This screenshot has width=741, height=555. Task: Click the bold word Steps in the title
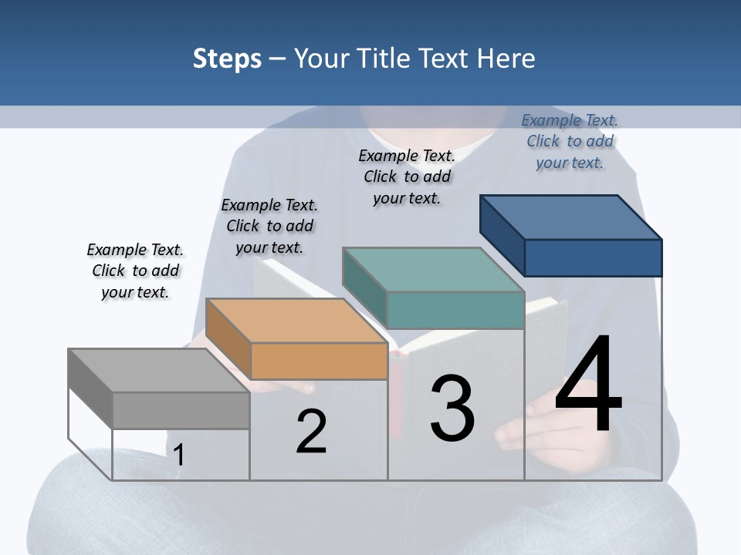227,59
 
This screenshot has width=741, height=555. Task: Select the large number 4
588,385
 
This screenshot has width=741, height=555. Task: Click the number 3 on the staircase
452,409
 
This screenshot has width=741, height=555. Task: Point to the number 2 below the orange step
311,432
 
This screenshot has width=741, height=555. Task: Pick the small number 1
179,455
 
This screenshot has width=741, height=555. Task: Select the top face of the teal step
433,270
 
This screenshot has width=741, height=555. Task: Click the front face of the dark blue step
593,257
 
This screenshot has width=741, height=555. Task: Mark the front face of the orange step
319,361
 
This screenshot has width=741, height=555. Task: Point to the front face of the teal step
455,311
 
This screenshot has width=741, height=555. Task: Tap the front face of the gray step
181,410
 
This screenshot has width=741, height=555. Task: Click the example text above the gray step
135,271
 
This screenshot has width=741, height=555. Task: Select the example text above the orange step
269,226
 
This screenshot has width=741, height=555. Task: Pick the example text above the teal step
407,177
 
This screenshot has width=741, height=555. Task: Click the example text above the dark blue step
570,141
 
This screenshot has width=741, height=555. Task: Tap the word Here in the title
507,59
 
